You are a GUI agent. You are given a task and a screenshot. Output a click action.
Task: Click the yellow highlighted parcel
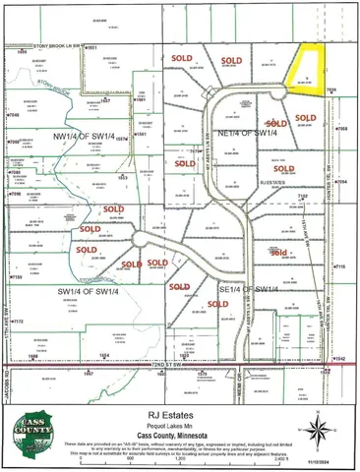tap(311, 72)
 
